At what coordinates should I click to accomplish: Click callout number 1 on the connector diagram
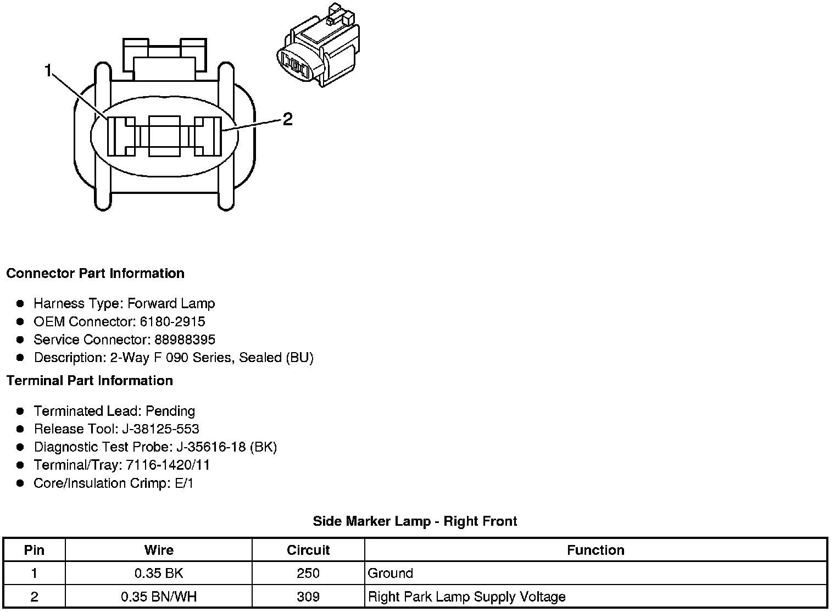(48, 71)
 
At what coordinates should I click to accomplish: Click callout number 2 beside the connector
(287, 119)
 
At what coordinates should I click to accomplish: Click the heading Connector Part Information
(95, 274)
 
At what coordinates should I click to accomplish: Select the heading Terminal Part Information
(90, 381)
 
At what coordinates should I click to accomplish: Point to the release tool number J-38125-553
(164, 429)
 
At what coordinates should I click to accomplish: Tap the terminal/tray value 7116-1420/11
(168, 465)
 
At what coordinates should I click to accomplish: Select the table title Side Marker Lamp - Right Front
(415, 521)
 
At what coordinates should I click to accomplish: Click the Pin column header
(34, 550)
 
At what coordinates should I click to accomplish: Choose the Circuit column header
(308, 550)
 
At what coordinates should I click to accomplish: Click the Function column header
(595, 550)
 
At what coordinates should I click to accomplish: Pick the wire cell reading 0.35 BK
(159, 574)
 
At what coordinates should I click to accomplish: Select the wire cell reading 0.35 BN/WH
(159, 597)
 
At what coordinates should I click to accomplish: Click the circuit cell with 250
(308, 574)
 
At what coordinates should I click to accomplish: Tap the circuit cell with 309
(308, 597)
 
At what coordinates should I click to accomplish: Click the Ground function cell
(390, 574)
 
